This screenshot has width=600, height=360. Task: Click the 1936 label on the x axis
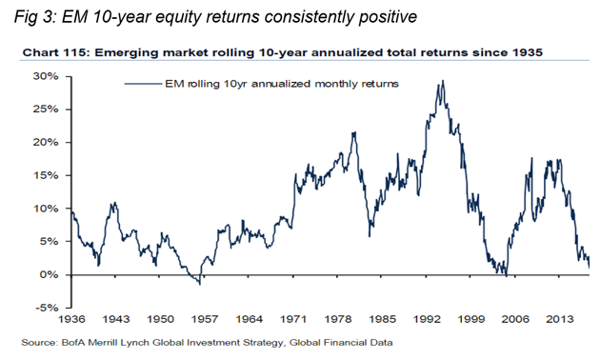click(72, 321)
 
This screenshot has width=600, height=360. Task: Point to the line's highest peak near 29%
click(441, 82)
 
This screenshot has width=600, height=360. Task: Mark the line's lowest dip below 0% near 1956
click(198, 283)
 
